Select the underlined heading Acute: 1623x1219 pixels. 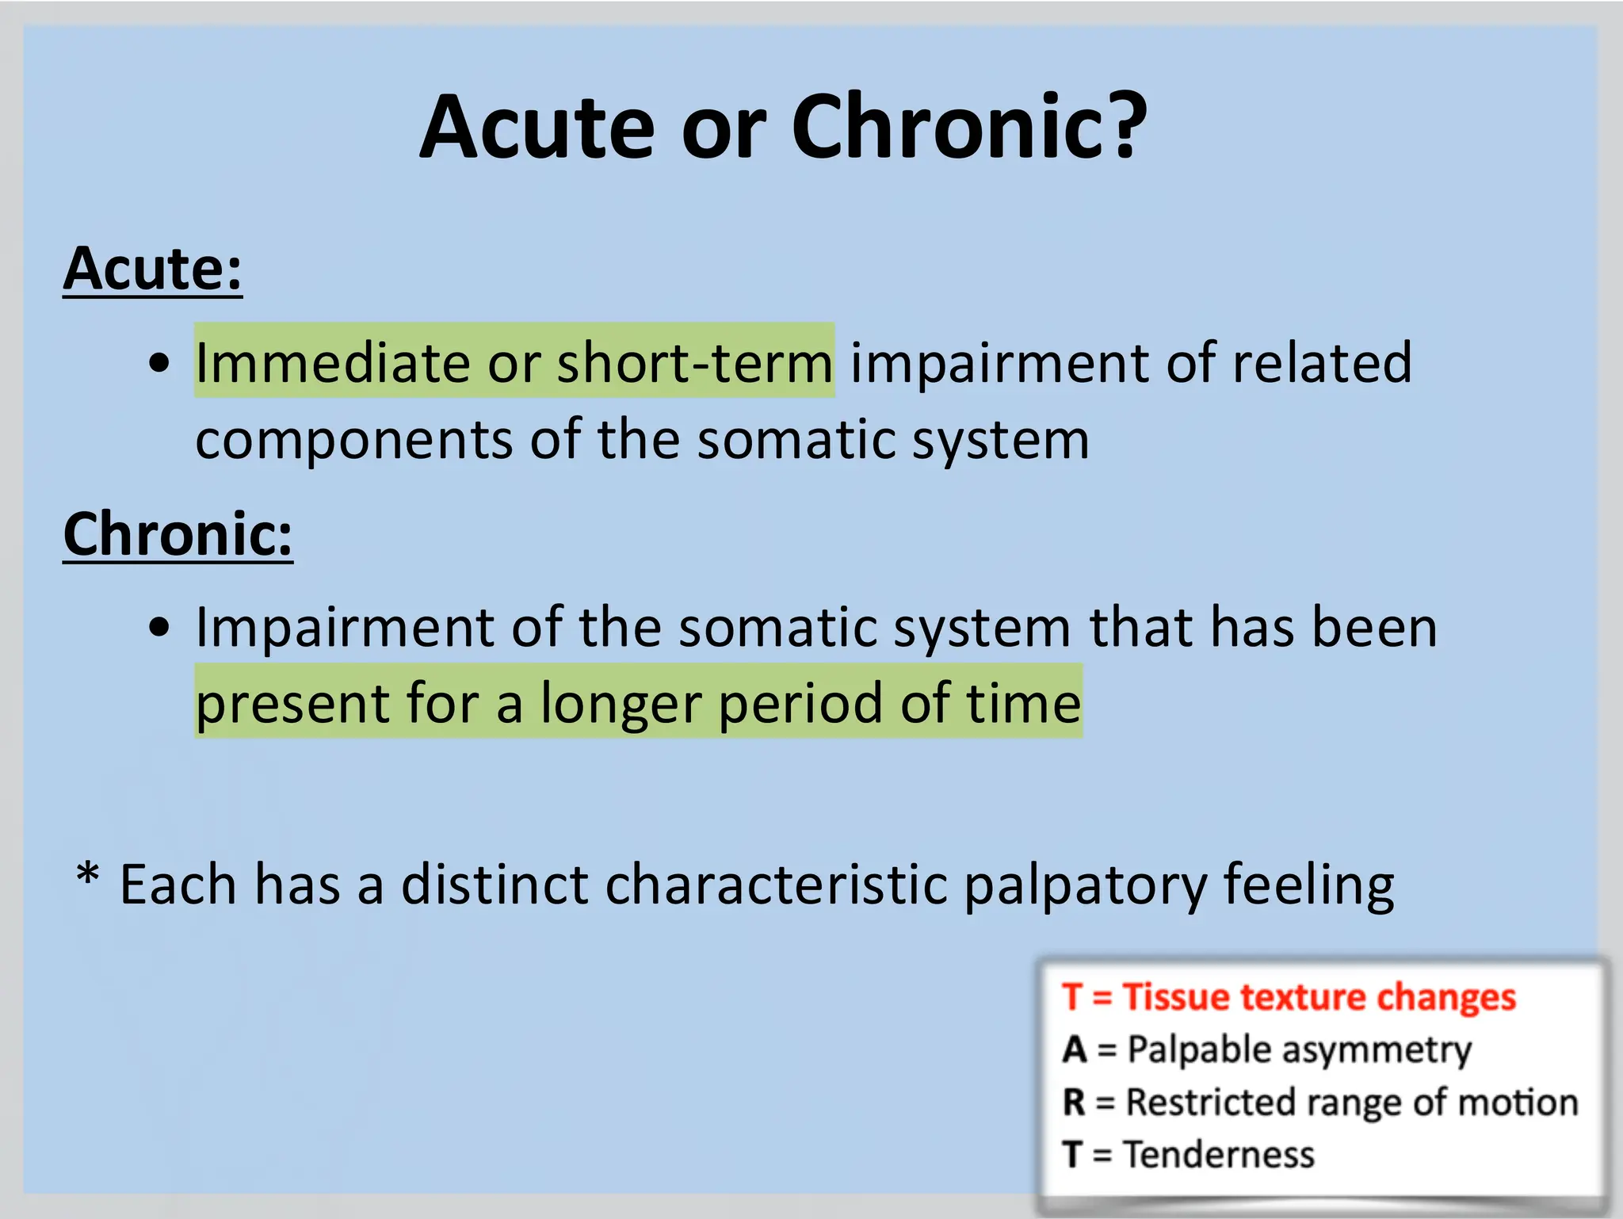point(152,269)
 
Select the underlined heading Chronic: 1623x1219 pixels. point(178,535)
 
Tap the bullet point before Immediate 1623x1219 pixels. point(159,363)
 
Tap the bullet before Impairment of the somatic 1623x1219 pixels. point(159,627)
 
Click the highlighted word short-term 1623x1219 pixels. point(695,363)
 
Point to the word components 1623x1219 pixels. point(353,441)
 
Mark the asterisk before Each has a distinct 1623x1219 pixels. point(88,877)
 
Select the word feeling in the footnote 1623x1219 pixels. point(1308,886)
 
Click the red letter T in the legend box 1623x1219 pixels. point(1072,996)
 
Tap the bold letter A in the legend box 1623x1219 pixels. point(1075,1049)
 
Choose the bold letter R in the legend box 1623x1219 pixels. point(1074,1102)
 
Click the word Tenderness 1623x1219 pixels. point(1220,1154)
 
